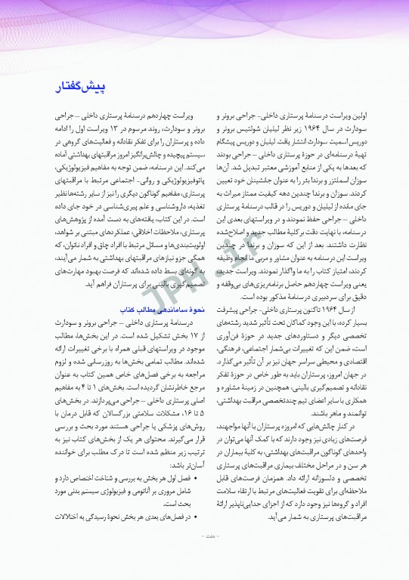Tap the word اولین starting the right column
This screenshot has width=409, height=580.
[x=373, y=118]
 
